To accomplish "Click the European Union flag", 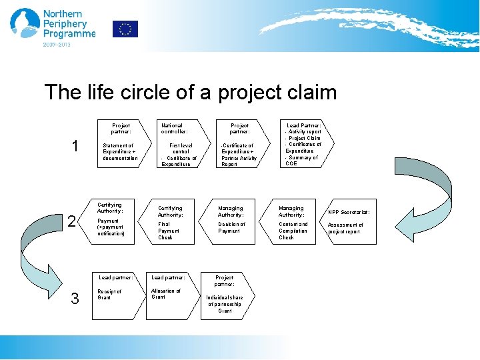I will (125, 29).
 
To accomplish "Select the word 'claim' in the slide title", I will (310, 92).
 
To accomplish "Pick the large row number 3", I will (75, 299).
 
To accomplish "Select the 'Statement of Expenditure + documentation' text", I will (120, 151).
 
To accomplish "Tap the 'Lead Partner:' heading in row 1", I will (303, 125).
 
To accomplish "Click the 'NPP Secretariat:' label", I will (348, 212).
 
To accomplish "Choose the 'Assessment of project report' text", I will (345, 229).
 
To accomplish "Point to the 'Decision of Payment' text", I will (231, 227).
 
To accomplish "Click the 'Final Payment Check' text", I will (167, 231).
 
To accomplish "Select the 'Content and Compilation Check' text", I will (293, 231).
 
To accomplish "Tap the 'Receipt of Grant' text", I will (110, 294).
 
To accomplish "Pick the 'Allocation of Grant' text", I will (165, 294).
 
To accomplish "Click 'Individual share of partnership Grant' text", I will (225, 304).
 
